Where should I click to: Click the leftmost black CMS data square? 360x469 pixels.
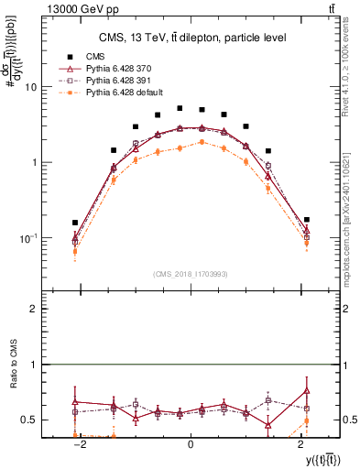(75, 223)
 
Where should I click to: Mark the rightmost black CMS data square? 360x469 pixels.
(306, 220)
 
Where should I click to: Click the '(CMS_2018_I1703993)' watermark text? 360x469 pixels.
(191, 274)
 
